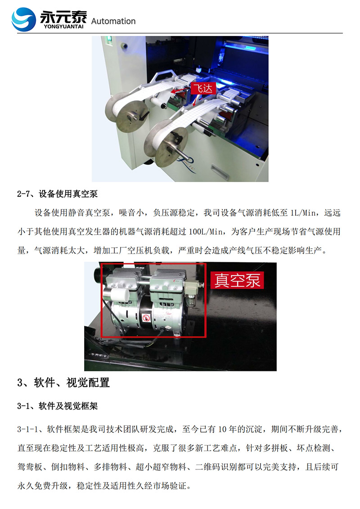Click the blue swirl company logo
point(24,19)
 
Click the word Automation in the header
point(113,22)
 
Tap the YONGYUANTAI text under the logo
point(63,27)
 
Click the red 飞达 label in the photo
point(203,88)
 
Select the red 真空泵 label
point(237,280)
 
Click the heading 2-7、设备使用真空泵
point(58,194)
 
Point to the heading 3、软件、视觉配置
point(63,382)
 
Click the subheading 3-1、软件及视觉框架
point(58,406)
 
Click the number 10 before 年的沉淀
point(222,429)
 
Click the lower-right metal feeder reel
point(166,143)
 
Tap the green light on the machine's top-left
point(109,39)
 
